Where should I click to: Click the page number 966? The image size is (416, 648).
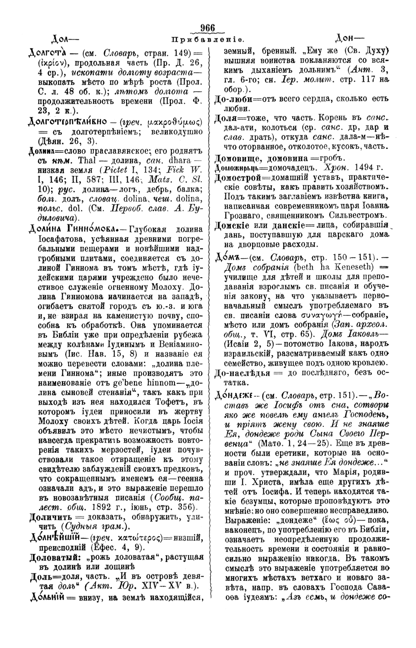[208, 28]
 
